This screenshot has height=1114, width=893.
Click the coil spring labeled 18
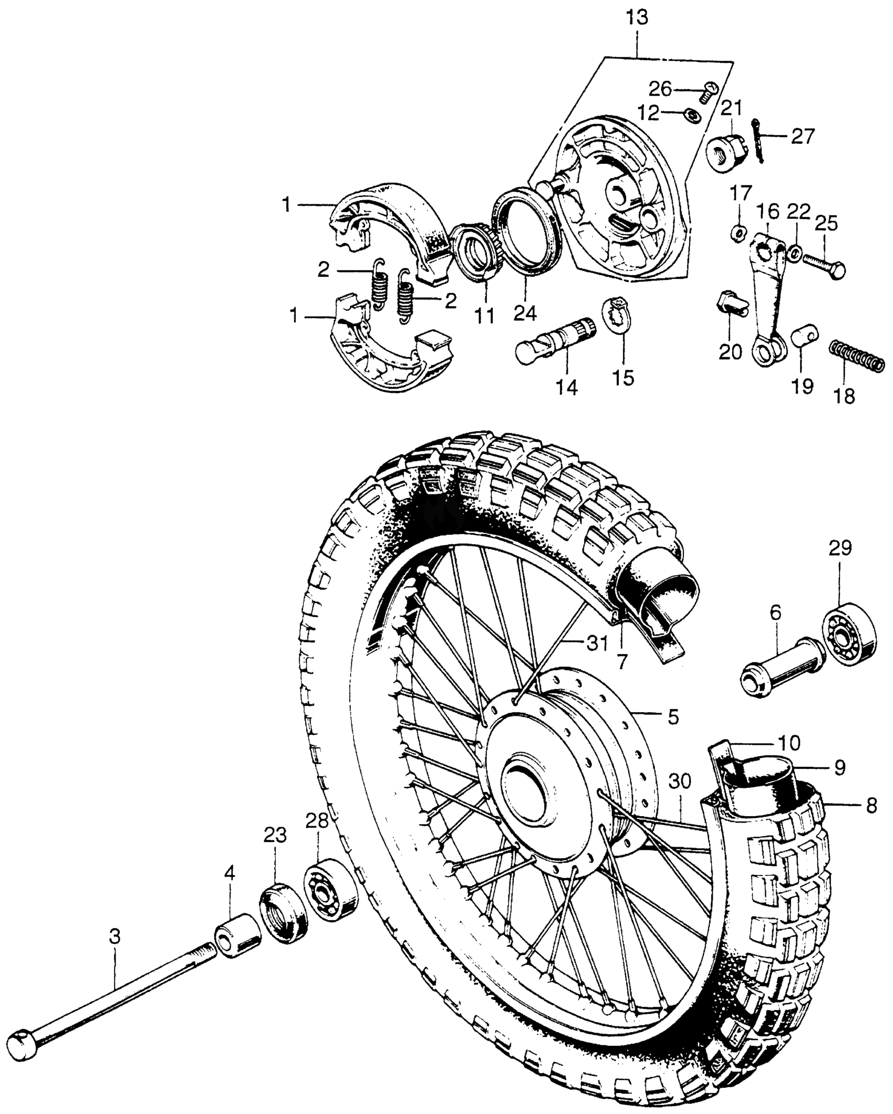856,356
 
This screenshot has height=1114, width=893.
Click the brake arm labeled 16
769,294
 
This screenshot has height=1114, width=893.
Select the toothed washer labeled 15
618,315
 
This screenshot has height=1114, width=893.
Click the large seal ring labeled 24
527,231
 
